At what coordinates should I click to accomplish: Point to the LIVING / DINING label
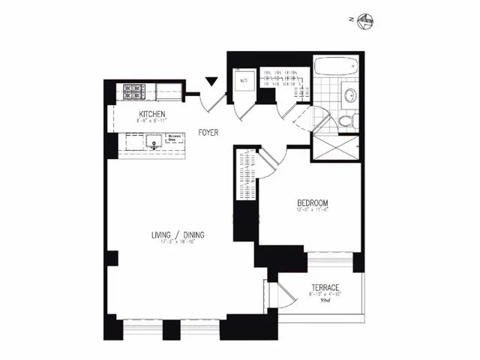178,235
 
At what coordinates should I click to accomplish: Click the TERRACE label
326,288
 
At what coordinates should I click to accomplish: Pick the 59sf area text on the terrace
325,301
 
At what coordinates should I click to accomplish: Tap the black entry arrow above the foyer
212,81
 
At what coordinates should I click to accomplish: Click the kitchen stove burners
133,91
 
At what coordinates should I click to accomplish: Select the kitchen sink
154,139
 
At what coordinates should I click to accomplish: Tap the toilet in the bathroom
346,119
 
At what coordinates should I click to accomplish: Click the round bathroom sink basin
349,95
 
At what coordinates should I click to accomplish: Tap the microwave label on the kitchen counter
172,139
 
